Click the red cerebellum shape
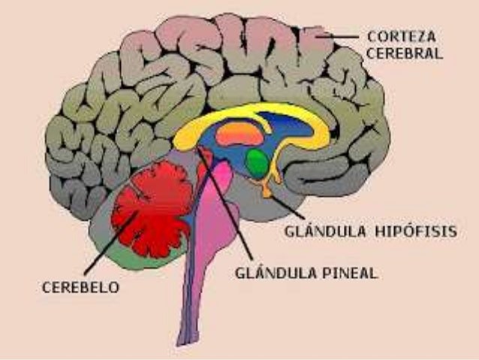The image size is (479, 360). (154, 207)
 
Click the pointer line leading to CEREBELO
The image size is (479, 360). (105, 248)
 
